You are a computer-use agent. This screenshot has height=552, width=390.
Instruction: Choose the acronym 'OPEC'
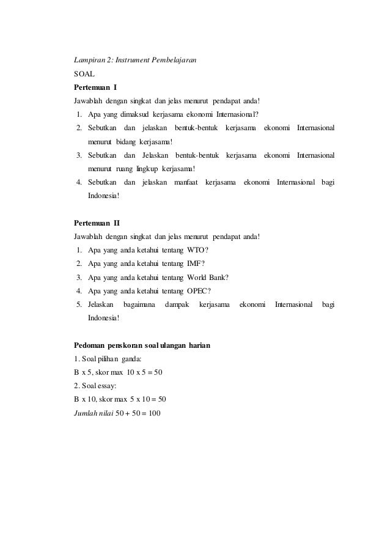(x=199, y=290)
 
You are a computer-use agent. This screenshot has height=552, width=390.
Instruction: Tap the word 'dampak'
(x=177, y=304)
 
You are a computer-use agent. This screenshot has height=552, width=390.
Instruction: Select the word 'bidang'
(x=127, y=142)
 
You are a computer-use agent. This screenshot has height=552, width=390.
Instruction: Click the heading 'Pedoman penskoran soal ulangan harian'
(x=142, y=345)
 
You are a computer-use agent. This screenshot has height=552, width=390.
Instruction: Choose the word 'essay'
(x=104, y=386)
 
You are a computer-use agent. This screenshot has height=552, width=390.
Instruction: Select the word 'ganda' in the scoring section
(x=131, y=359)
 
